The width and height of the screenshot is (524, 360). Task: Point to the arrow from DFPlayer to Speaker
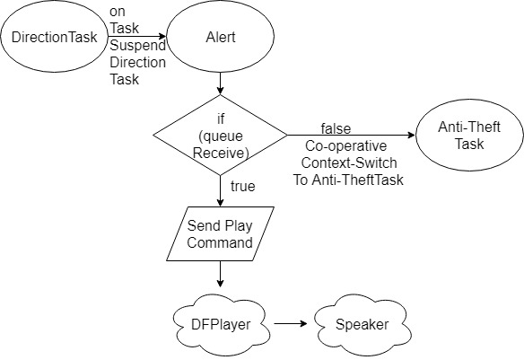point(291,323)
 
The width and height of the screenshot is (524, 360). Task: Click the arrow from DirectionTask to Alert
point(137,37)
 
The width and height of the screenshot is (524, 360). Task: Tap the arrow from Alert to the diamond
point(220,83)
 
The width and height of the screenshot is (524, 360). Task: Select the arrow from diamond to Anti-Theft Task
point(351,135)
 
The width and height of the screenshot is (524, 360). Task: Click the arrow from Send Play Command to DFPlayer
point(220,274)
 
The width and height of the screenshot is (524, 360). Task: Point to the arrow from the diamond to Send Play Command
point(220,191)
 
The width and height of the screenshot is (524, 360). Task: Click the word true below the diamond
point(243,186)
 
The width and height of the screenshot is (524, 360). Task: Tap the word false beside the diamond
point(336,128)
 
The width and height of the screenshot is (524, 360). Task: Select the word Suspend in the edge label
point(137,46)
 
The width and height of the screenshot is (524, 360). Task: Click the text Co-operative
point(345,146)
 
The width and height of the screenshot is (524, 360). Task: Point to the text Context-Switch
point(349,163)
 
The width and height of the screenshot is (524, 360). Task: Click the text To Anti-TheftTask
point(348,180)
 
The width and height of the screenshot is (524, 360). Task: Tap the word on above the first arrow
point(118,12)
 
